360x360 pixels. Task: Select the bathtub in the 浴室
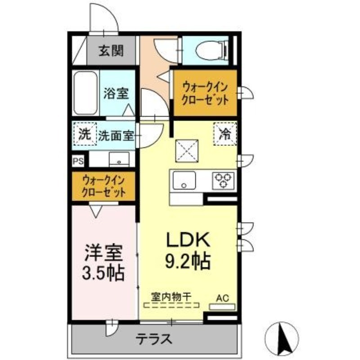[85, 93]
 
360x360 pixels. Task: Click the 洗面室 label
[117, 135]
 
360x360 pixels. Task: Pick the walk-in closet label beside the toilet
[205, 92]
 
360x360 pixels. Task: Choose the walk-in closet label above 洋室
[104, 186]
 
